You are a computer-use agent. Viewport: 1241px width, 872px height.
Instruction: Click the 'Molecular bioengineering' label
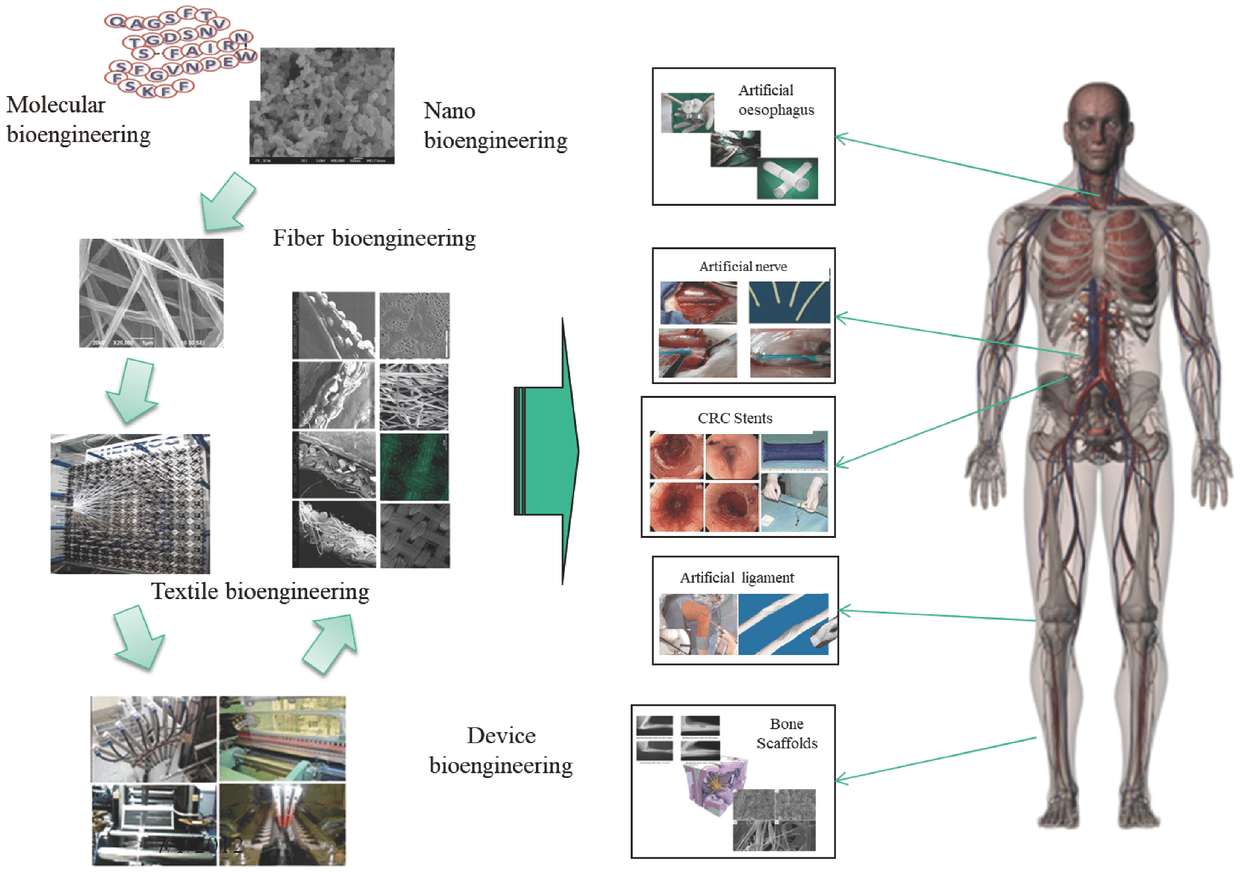(x=78, y=119)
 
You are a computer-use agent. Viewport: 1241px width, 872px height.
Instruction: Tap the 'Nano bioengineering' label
(x=495, y=125)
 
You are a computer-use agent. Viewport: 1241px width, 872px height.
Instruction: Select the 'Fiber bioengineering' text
(x=374, y=238)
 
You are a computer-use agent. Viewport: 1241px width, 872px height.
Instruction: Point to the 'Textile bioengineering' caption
(x=260, y=591)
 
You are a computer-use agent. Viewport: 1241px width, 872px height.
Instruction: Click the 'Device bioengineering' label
(x=500, y=750)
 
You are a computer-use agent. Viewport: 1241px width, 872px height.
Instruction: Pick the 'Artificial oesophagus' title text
(x=775, y=100)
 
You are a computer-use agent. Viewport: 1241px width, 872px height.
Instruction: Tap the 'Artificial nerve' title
(x=742, y=266)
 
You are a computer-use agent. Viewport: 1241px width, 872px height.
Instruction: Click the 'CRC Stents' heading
(x=735, y=418)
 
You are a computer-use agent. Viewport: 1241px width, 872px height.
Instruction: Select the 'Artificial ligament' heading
(x=737, y=577)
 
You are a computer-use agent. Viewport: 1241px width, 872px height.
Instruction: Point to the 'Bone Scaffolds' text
(x=787, y=733)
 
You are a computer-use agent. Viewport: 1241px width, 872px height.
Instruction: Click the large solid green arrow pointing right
(x=546, y=451)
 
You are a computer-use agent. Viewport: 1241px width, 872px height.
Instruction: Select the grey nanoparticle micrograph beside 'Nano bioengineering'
(x=322, y=105)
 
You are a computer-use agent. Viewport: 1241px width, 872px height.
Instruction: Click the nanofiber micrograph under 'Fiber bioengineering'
(x=151, y=293)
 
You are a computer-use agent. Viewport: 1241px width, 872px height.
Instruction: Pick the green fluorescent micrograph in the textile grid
(x=414, y=467)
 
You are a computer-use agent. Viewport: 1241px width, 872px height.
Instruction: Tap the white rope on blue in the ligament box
(x=783, y=623)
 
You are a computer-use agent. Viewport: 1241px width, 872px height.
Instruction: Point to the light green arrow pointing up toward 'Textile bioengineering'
(x=331, y=643)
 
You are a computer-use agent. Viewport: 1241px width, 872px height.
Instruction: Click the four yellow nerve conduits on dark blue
(x=789, y=302)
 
